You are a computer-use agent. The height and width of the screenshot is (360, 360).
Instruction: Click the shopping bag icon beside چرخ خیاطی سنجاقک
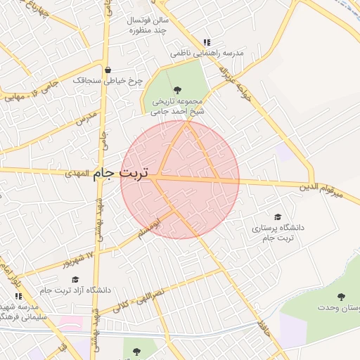click(x=108, y=70)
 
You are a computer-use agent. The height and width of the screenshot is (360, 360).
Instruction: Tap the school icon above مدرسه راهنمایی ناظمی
click(x=206, y=42)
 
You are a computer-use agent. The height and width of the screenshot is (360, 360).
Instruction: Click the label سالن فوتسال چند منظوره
click(x=146, y=26)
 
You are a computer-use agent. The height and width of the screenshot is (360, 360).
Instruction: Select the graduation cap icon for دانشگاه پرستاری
click(x=278, y=217)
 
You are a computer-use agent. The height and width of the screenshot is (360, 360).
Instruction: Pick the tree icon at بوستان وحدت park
click(x=342, y=297)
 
